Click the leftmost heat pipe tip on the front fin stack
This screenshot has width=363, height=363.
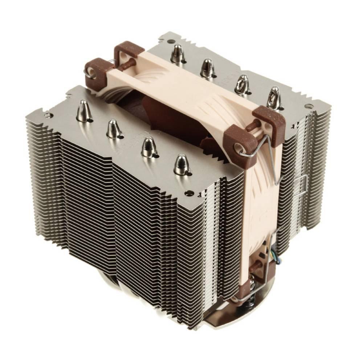click(x=83, y=110)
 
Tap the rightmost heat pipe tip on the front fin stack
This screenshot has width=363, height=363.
click(x=181, y=164)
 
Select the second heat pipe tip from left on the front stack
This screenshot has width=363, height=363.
click(x=114, y=129)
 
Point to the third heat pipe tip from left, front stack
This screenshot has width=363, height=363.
click(x=148, y=146)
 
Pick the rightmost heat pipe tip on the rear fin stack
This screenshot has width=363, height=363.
click(x=274, y=97)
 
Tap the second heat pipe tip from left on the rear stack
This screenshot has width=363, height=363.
click(x=208, y=68)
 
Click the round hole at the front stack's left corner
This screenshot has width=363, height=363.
click(x=47, y=116)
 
